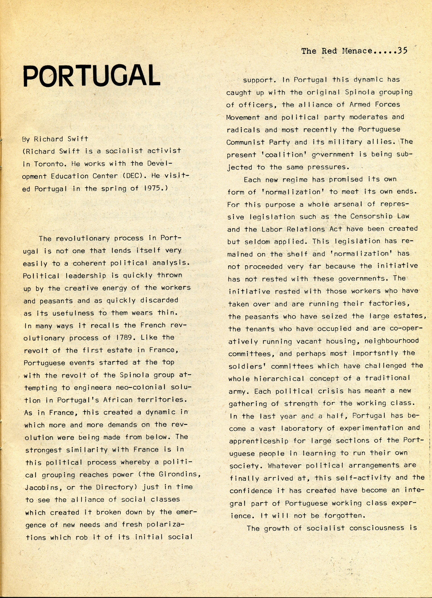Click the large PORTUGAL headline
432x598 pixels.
coord(92,76)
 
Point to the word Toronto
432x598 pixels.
coord(49,164)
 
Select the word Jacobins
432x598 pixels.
coord(42,487)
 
